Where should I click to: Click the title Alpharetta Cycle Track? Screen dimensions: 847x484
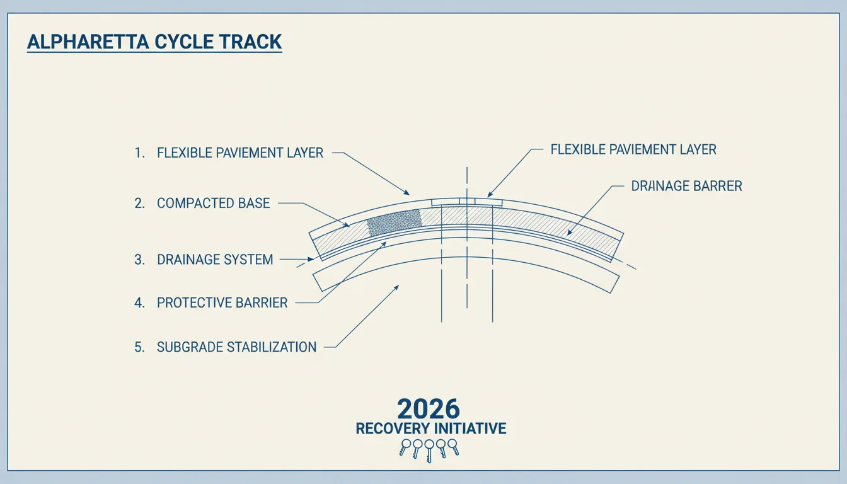(154, 42)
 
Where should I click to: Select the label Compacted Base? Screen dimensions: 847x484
(213, 204)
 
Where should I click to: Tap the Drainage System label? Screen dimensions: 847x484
(215, 260)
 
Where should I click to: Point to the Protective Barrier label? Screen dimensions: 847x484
(222, 303)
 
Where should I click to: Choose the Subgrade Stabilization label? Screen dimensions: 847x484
(236, 347)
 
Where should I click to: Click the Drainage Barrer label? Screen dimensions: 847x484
(687, 186)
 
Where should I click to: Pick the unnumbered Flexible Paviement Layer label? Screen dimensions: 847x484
(633, 149)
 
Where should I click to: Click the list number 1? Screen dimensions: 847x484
(139, 153)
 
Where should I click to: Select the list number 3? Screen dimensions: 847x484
(139, 260)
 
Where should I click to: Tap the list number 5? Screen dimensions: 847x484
(139, 347)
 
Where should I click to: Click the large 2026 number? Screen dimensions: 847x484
(429, 408)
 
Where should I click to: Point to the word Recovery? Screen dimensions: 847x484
(393, 429)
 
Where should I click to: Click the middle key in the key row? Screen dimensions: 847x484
(429, 451)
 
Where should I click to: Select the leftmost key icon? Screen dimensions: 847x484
(405, 447)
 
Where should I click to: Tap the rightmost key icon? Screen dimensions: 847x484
(453, 447)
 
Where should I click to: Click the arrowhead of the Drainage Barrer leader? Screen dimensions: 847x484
(569, 233)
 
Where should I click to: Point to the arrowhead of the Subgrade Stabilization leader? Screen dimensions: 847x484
(396, 288)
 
